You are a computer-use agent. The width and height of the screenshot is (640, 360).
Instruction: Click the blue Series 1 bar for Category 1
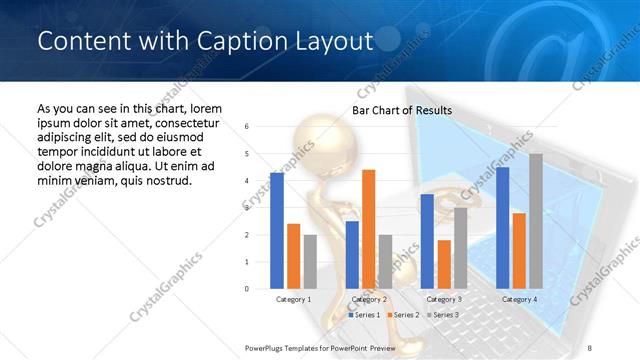click(x=277, y=231)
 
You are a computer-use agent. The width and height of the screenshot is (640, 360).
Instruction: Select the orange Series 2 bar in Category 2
click(x=368, y=229)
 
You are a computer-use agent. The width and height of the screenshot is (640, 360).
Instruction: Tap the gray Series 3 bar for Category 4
click(x=536, y=221)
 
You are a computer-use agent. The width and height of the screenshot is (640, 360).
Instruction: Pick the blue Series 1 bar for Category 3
click(x=427, y=241)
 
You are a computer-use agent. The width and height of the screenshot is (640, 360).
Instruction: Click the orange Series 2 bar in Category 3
click(x=444, y=264)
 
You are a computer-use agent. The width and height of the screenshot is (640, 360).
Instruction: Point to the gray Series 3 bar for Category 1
click(x=310, y=262)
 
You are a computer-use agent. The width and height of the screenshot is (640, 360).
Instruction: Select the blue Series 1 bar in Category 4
click(x=502, y=228)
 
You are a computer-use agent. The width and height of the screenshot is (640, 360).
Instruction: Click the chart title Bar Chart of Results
click(x=402, y=110)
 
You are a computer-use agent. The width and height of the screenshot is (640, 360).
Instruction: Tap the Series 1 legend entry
click(x=364, y=315)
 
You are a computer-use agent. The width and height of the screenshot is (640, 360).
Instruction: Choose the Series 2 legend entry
click(x=403, y=315)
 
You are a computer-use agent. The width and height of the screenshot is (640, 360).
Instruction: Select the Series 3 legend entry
click(x=442, y=315)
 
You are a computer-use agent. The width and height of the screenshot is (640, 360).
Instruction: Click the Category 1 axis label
click(x=294, y=299)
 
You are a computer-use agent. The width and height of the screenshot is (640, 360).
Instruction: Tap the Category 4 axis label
click(x=519, y=299)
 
